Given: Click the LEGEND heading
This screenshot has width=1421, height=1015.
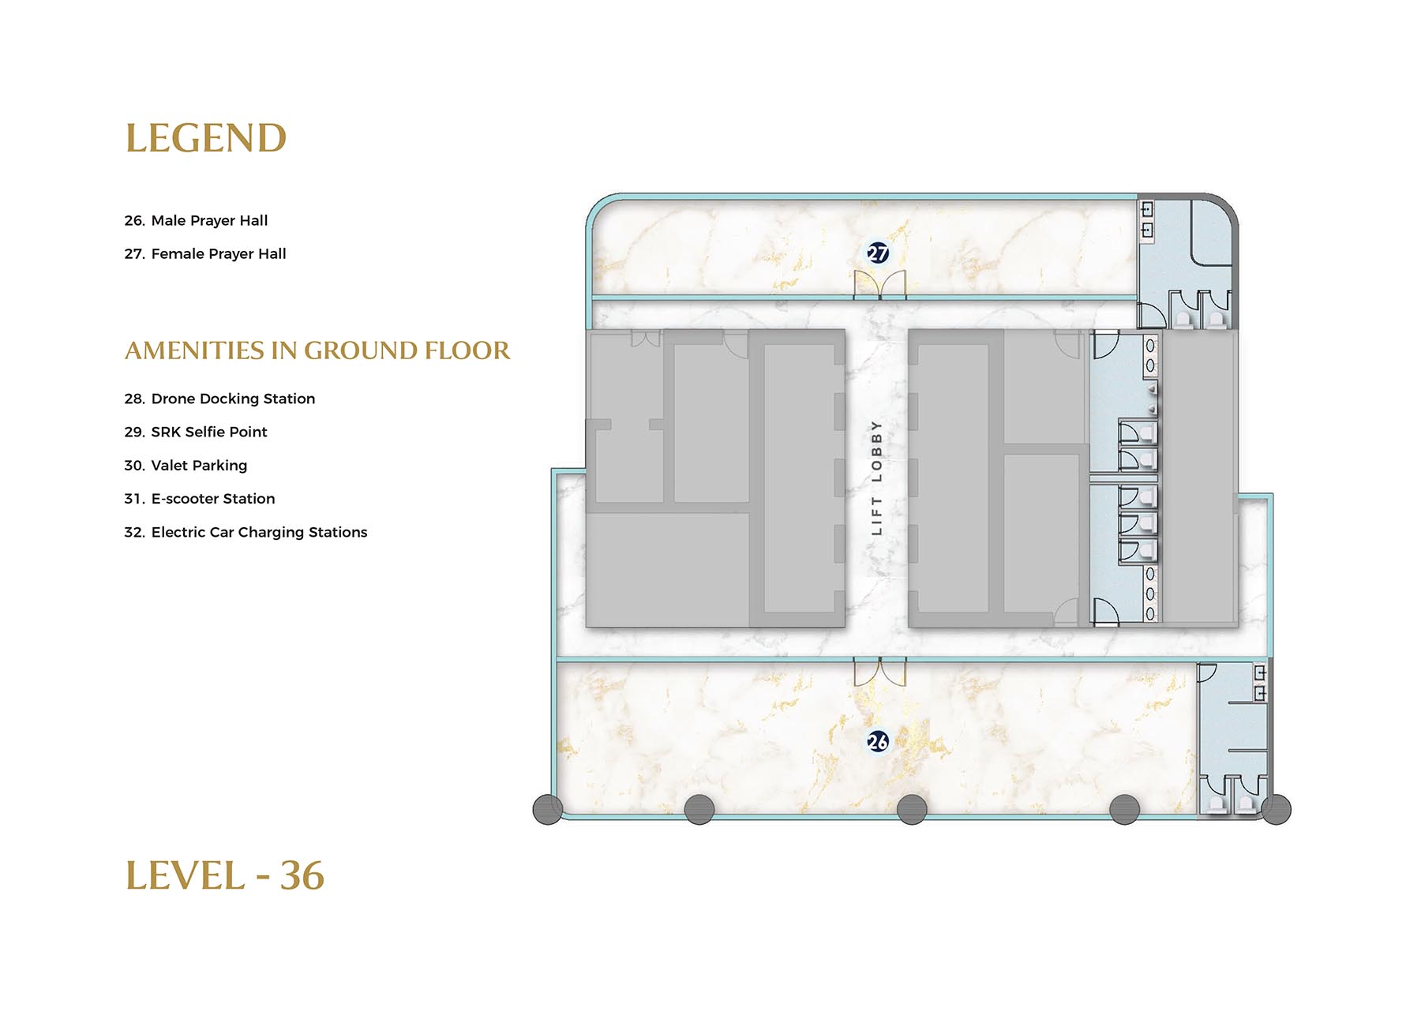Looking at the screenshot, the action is [x=206, y=139].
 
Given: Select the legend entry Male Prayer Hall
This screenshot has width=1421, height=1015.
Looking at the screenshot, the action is [x=196, y=221].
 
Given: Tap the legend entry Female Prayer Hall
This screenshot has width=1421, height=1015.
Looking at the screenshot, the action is [x=205, y=254].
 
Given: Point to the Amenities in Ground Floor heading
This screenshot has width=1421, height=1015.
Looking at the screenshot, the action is [x=317, y=350].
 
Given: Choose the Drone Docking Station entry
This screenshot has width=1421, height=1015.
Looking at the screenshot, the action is [x=219, y=399].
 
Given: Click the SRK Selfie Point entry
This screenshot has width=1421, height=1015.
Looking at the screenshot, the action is [x=196, y=432].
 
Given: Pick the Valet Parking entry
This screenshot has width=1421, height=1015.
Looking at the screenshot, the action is [x=186, y=466].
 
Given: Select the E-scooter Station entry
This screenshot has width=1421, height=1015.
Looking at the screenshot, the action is [x=200, y=499].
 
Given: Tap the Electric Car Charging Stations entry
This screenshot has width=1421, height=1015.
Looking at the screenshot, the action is [x=246, y=532].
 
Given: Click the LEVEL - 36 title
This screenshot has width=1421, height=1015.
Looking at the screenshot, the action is [x=225, y=876].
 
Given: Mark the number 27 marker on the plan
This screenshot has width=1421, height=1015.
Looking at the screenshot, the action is [x=878, y=253].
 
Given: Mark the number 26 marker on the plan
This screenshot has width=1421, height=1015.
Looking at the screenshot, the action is [x=878, y=741].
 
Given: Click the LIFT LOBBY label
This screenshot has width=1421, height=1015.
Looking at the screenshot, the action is [x=876, y=478].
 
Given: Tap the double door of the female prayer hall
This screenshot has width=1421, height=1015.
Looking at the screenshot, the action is [x=879, y=285].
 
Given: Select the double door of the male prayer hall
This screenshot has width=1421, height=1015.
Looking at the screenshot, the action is [x=879, y=672].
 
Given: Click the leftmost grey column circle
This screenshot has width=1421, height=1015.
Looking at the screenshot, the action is [x=548, y=809].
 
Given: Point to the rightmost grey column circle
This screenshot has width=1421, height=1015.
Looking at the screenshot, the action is [x=1276, y=809].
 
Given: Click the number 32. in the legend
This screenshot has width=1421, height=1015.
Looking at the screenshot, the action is [x=134, y=532].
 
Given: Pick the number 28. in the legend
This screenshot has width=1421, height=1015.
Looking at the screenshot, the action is [x=134, y=399].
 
